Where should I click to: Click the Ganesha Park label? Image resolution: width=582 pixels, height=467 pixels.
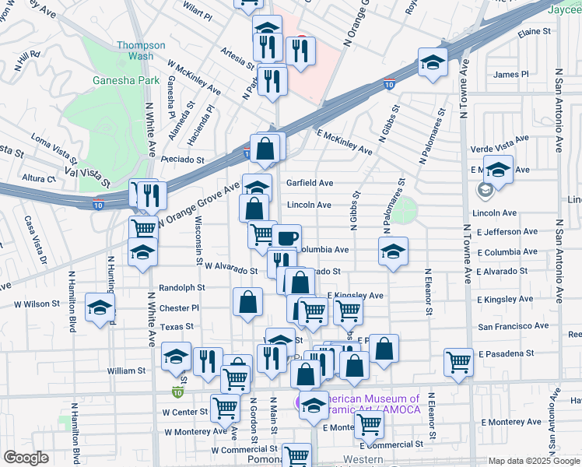click(127, 79)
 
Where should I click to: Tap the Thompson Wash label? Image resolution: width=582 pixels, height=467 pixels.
click(141, 51)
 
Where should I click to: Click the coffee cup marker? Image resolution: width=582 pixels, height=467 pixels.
click(286, 237)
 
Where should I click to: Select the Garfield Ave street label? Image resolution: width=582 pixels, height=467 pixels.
click(310, 183)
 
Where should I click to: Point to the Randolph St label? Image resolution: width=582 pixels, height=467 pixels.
click(181, 287)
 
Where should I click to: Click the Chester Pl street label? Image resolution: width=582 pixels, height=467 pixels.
click(179, 308)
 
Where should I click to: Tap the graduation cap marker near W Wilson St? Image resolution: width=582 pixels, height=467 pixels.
click(100, 307)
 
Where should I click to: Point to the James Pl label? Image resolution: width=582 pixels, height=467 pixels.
click(511, 75)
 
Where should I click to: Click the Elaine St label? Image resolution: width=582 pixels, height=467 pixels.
click(535, 32)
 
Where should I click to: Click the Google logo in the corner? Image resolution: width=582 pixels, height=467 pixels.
click(26, 458)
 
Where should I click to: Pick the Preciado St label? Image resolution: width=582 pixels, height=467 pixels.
click(183, 160)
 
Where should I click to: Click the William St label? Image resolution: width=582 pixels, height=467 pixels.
click(126, 371)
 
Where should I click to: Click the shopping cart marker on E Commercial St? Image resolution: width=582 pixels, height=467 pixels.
click(368, 423)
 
